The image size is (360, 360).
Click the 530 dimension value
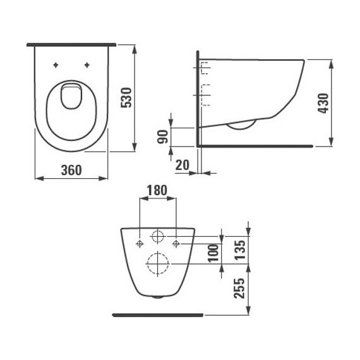[126, 97]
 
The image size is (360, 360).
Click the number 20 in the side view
[183, 165]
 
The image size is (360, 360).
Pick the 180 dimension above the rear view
[157, 190]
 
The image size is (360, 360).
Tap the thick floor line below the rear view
[157, 313]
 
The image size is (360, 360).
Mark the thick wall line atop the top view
[71, 44]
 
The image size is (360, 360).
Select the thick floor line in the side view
[256, 145]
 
